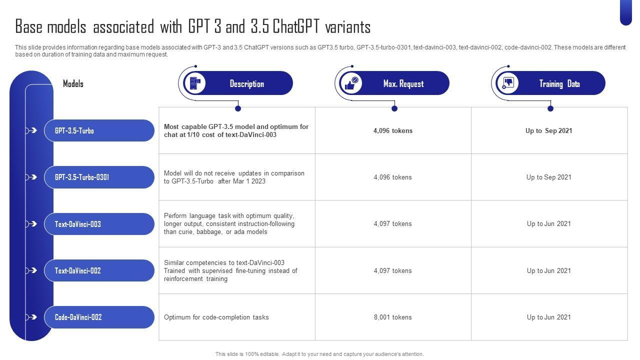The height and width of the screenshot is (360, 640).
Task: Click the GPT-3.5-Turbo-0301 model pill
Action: (99, 177)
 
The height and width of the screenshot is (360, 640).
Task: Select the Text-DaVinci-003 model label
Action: (77, 224)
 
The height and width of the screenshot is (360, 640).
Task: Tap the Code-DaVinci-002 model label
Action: (78, 317)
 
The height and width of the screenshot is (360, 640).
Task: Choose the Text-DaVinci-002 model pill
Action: (99, 270)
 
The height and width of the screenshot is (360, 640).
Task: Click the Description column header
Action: (247, 83)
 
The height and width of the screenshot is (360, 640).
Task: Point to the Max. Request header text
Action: (403, 83)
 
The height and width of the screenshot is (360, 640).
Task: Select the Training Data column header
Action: (559, 83)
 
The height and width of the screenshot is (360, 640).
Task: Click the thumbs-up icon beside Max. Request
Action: (351, 83)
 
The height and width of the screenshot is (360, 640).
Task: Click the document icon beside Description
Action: (195, 83)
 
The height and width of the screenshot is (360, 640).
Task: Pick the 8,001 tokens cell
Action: (393, 317)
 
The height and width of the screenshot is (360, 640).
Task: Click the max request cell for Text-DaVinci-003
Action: (393, 223)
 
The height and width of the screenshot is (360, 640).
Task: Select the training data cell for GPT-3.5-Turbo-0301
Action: (549, 177)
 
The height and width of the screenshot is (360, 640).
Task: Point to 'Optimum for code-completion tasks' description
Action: (216, 317)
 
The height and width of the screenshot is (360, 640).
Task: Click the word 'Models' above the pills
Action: (73, 83)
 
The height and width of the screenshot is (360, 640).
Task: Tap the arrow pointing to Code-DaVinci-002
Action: (31, 317)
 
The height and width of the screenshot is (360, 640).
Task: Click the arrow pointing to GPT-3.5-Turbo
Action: (31, 130)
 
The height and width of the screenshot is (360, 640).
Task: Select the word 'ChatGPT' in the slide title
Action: (295, 26)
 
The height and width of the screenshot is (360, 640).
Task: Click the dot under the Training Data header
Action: (550, 108)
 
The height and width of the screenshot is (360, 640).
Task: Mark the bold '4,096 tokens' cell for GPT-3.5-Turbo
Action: (393, 130)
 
